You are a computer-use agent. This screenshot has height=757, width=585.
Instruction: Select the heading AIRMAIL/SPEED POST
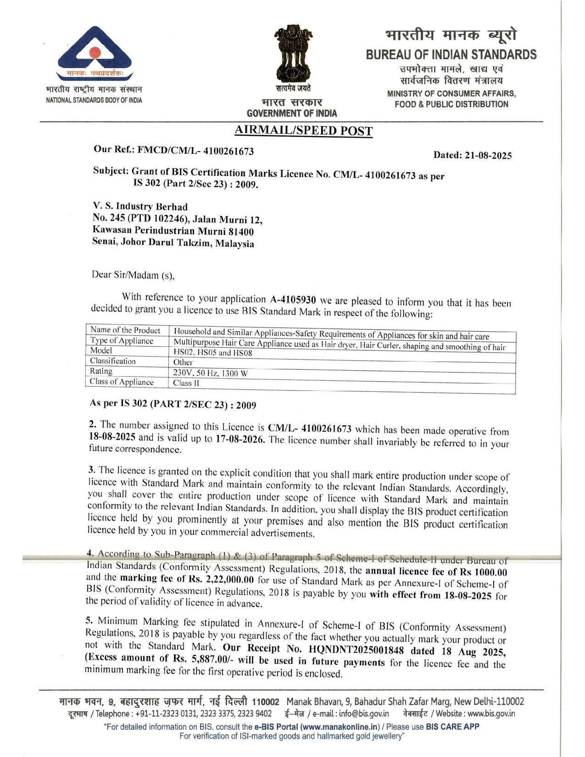[x=303, y=131]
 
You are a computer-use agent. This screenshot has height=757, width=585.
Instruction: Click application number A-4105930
[x=293, y=300]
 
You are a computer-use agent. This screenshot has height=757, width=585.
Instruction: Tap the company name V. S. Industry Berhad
[x=140, y=206]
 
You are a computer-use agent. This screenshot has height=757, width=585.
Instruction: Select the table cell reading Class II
[x=186, y=383]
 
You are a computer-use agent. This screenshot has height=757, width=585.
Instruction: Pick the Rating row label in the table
[x=101, y=371]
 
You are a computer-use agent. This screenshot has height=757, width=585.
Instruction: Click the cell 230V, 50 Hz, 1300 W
[x=210, y=373]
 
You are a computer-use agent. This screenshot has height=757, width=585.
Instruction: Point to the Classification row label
[x=113, y=361]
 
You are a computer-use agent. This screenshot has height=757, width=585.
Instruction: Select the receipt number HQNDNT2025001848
[x=356, y=650]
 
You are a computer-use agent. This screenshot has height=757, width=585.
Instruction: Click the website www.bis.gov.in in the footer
[x=491, y=714]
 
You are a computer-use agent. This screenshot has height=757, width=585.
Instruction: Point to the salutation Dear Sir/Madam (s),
[x=133, y=275]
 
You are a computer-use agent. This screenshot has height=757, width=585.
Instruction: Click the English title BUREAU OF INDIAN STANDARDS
[x=451, y=55]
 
